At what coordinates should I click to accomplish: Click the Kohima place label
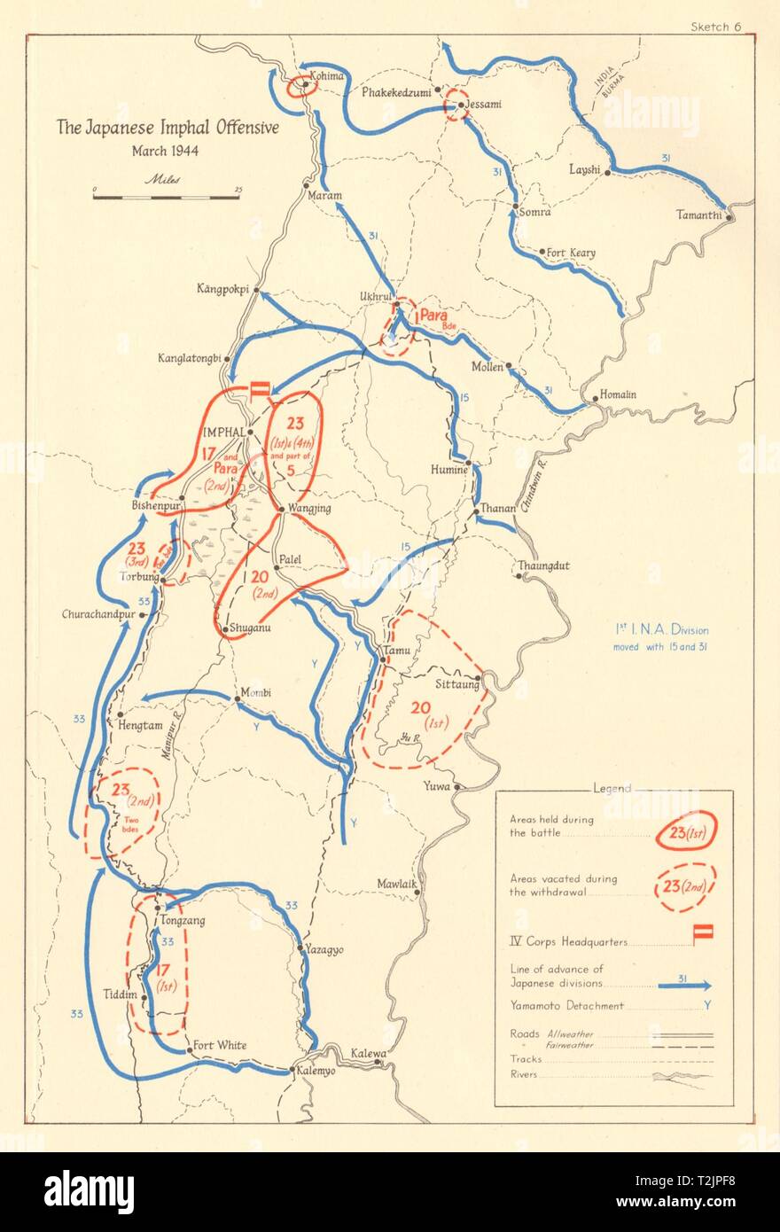324,76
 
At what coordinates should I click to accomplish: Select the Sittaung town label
456,684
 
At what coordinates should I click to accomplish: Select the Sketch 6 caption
715,26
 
